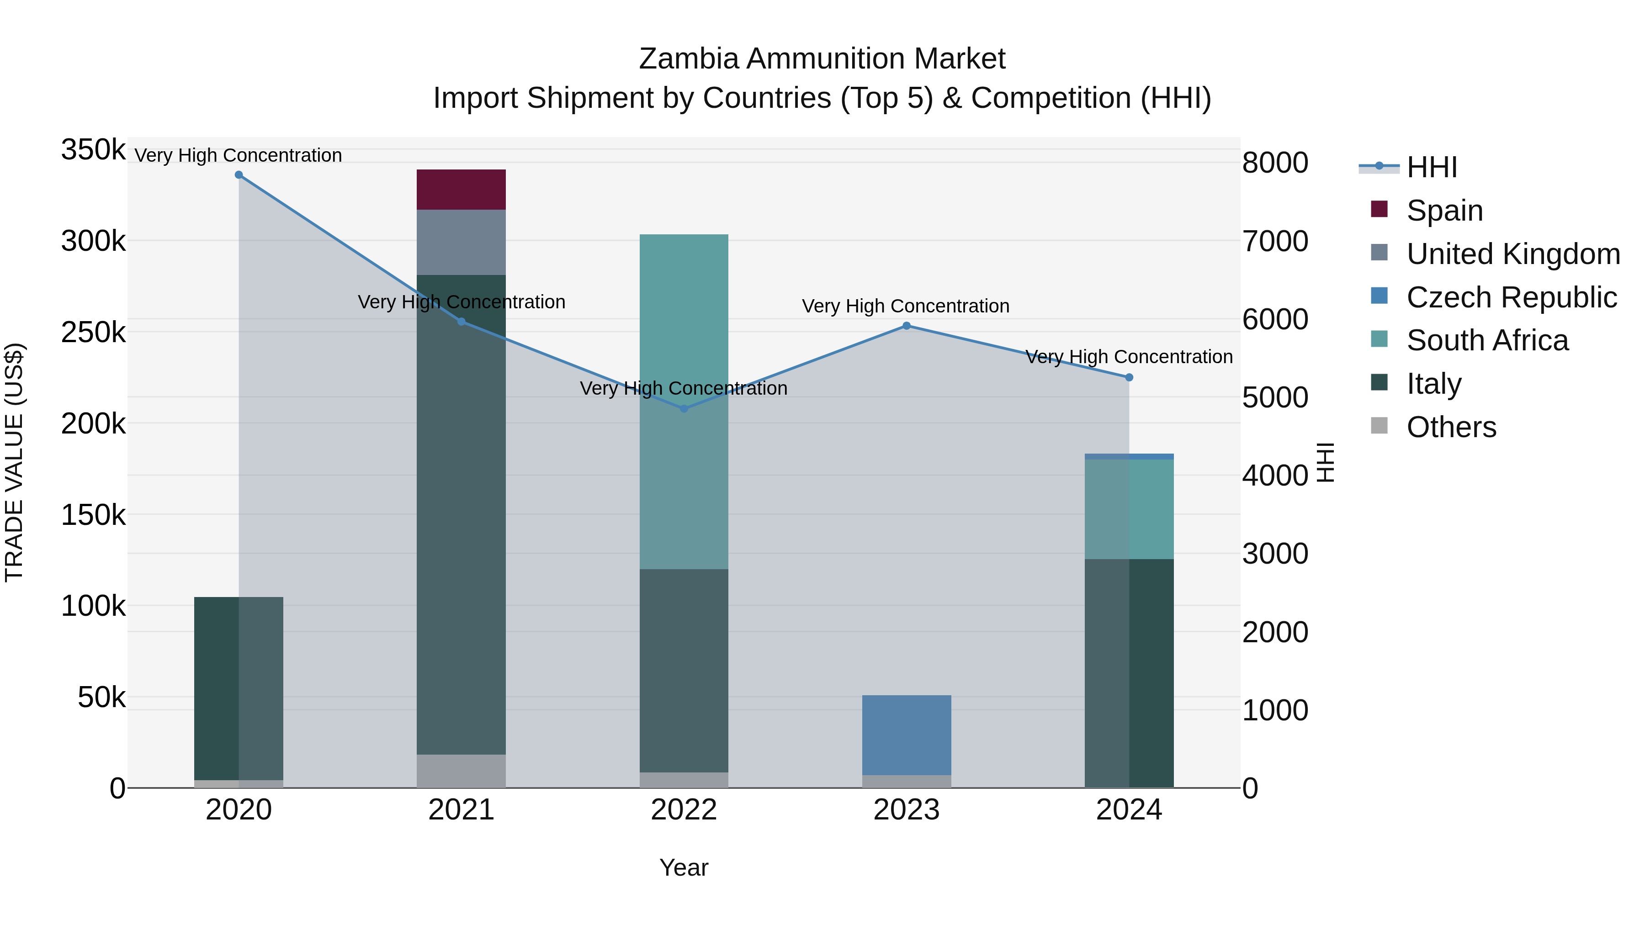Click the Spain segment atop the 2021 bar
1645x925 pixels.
point(461,190)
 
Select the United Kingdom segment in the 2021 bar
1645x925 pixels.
point(461,242)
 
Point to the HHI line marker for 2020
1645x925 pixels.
point(239,175)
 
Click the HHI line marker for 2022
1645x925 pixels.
point(684,408)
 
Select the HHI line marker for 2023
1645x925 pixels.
point(906,326)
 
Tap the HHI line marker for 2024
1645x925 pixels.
point(1129,378)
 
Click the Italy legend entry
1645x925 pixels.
point(1433,384)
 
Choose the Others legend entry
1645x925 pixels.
point(1450,427)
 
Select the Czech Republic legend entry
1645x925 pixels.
point(1511,297)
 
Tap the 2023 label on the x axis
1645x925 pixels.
point(906,810)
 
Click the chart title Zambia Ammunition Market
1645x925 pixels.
point(822,59)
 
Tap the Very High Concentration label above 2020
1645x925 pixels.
point(238,155)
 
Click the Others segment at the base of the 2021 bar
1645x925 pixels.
point(461,771)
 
